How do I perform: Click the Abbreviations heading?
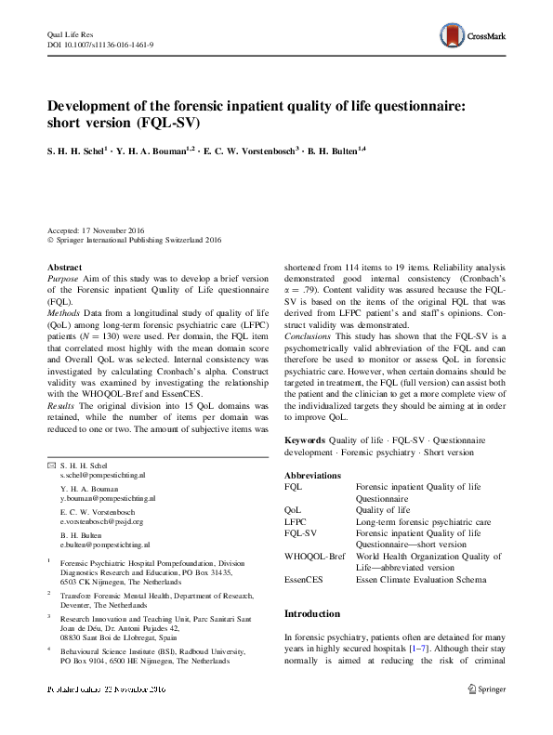[318, 476]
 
